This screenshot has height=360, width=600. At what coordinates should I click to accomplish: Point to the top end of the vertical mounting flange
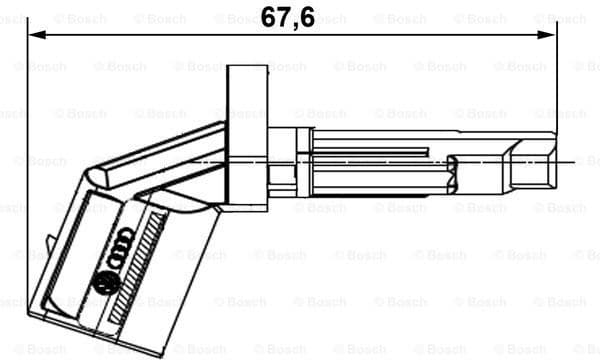(x=247, y=68)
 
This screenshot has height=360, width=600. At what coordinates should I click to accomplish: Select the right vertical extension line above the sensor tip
(x=554, y=80)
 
